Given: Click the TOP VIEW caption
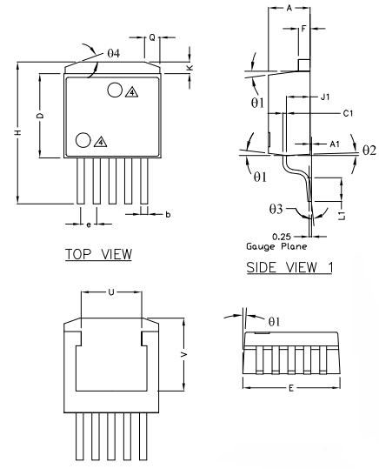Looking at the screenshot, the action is click(x=98, y=255).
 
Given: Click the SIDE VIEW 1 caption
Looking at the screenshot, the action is click(x=289, y=267).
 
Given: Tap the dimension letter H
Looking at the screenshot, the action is click(x=18, y=132).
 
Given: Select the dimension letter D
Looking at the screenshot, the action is click(x=41, y=116).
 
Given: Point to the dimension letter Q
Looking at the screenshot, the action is click(x=152, y=38).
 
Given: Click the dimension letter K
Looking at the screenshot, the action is click(x=189, y=68).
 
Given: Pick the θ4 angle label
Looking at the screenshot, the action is click(x=114, y=53).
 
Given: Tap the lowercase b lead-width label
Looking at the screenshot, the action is click(x=168, y=214).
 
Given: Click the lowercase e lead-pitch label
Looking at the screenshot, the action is click(x=89, y=224).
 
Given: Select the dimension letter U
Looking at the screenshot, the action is click(x=111, y=292).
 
